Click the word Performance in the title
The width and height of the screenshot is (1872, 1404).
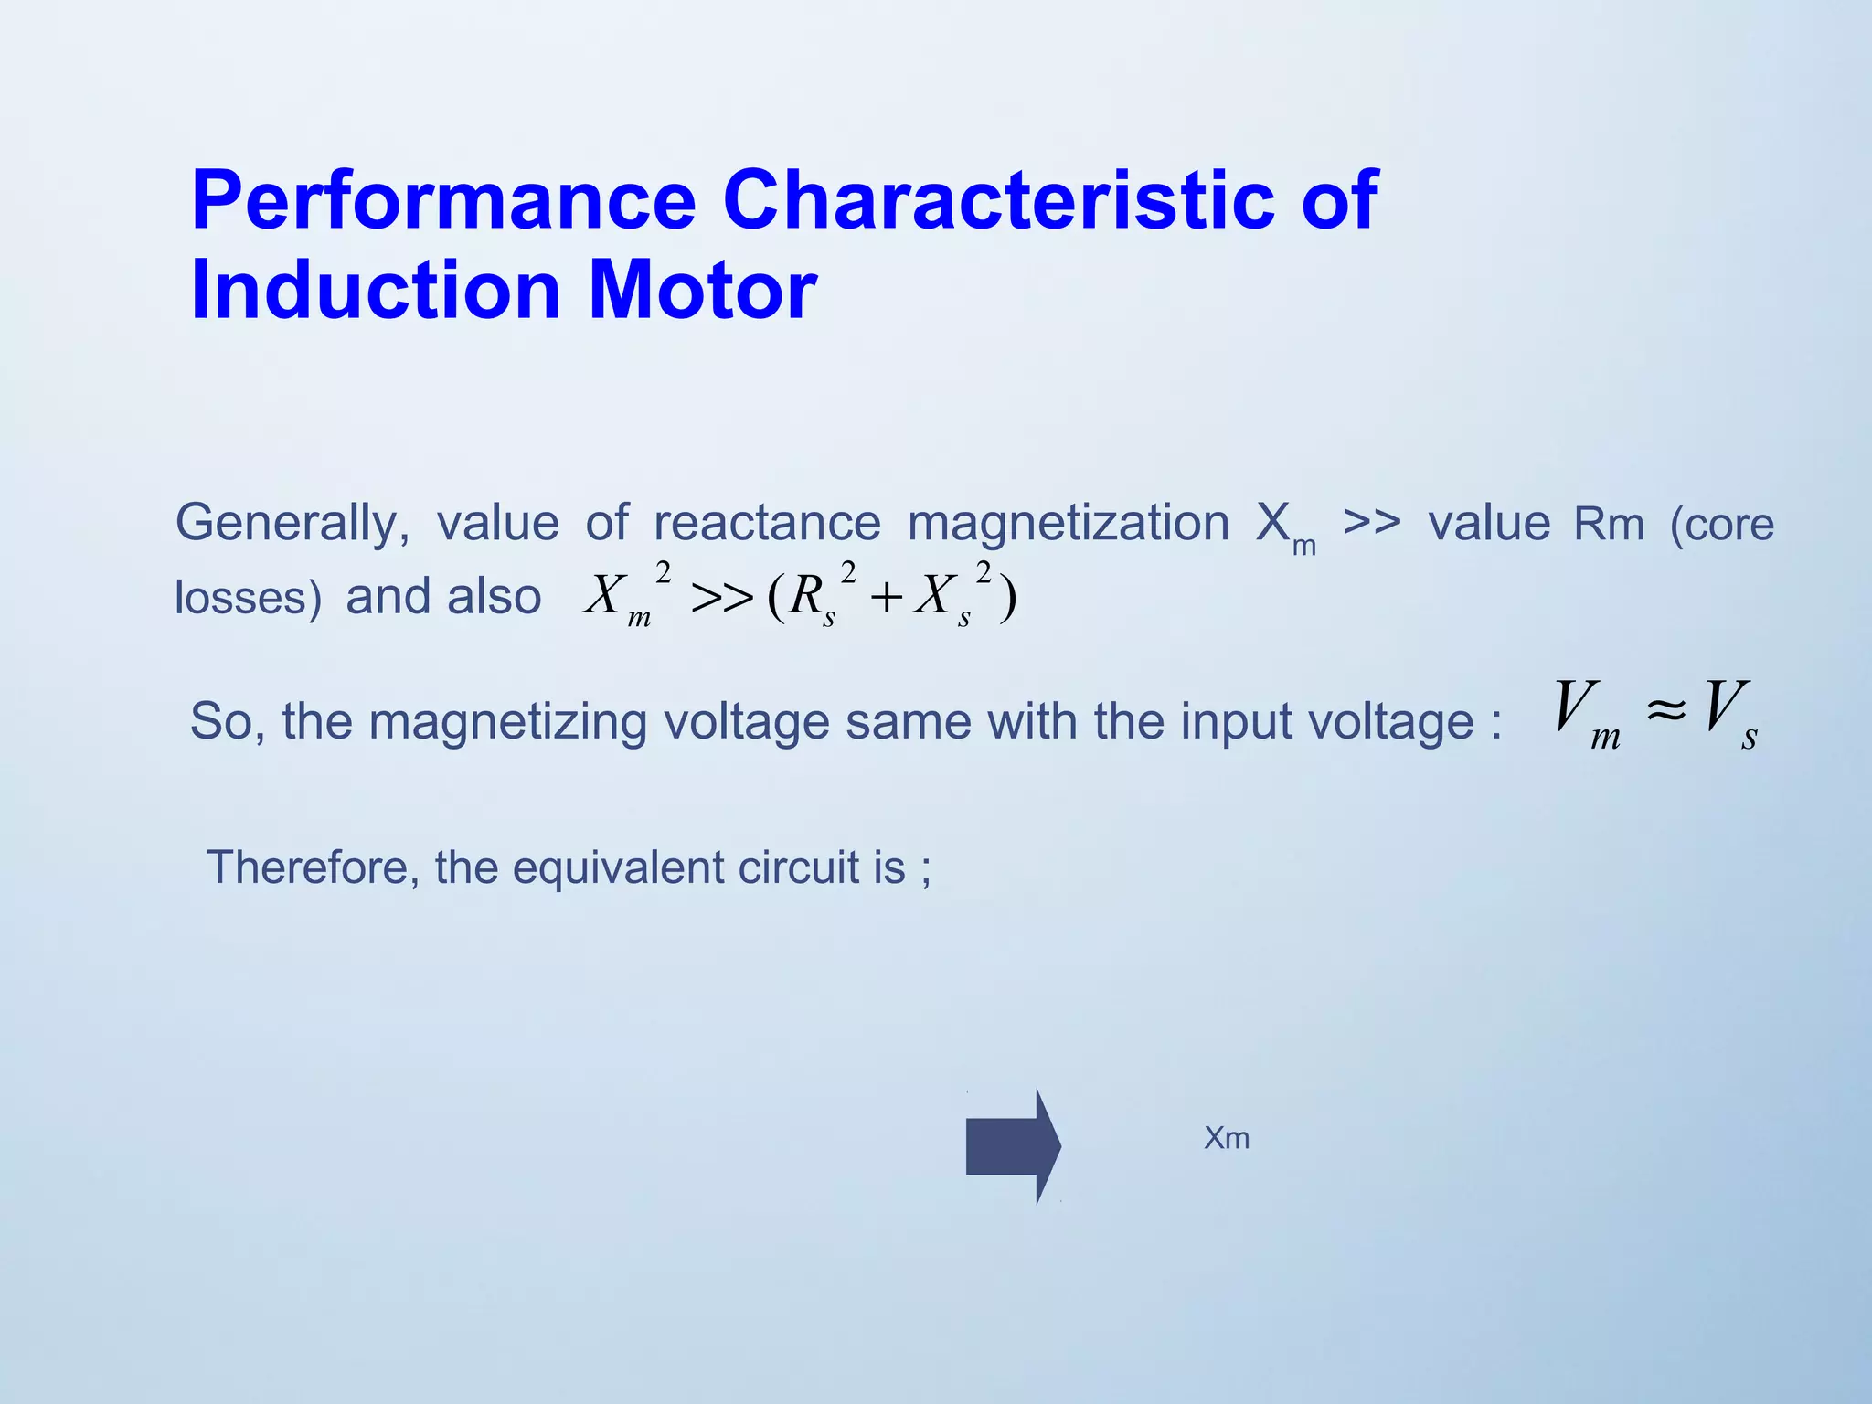(x=443, y=201)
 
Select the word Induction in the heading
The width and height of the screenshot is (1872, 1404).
(x=375, y=291)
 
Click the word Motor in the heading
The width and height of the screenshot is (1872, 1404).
(x=702, y=291)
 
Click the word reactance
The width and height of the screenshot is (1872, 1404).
(x=767, y=524)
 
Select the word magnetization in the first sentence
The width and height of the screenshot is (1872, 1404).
(x=1068, y=524)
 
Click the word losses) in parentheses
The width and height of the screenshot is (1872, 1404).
(x=248, y=599)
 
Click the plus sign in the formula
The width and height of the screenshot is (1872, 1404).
(x=886, y=600)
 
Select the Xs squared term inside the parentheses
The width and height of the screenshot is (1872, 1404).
(x=952, y=596)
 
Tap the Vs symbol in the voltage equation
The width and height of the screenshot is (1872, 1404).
(x=1730, y=713)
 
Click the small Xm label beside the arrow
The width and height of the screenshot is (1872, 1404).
(x=1227, y=1139)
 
